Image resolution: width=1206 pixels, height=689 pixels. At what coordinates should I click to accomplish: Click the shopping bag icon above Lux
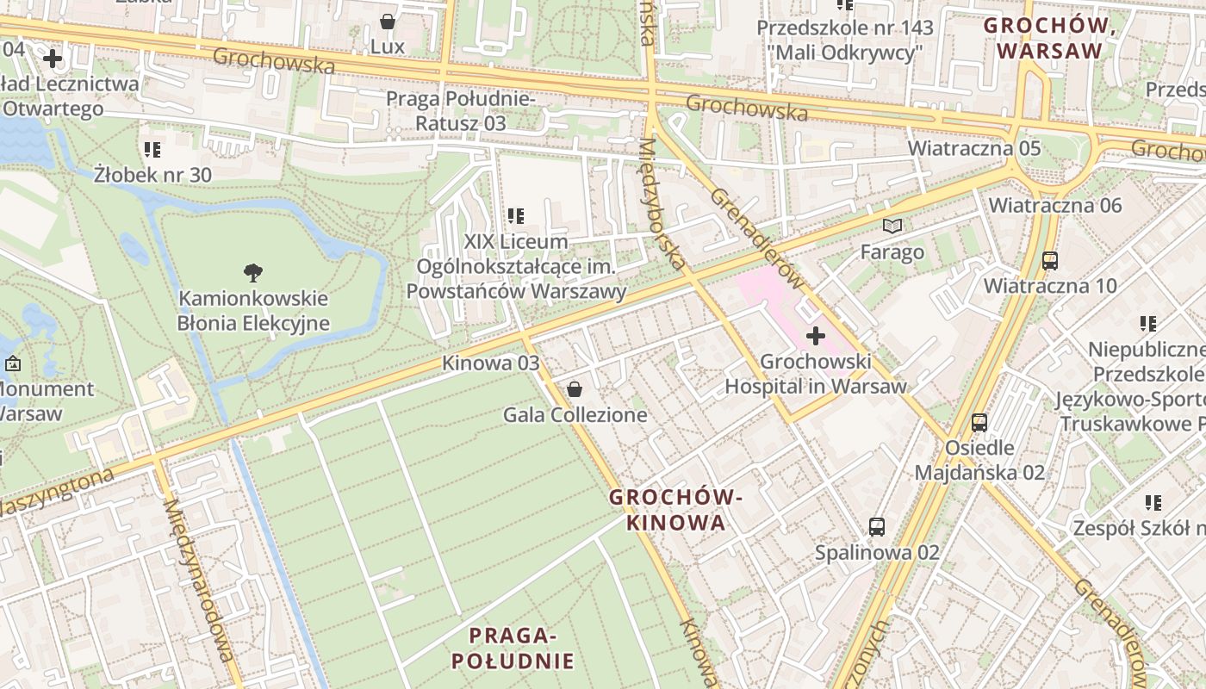click(x=388, y=20)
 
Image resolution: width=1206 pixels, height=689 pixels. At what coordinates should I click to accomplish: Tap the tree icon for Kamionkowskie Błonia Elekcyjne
click(x=252, y=273)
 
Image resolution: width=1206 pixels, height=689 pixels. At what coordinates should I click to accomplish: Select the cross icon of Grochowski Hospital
click(x=815, y=335)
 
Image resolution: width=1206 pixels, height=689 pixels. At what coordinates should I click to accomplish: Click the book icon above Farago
click(x=892, y=227)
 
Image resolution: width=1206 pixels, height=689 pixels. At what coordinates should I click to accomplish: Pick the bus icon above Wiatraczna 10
click(x=1049, y=260)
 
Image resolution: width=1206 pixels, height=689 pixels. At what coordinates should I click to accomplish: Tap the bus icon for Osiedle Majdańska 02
click(x=979, y=422)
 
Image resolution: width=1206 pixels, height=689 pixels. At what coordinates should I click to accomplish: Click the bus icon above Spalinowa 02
click(x=876, y=526)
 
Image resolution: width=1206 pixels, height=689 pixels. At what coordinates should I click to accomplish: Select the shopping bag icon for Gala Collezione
click(x=575, y=389)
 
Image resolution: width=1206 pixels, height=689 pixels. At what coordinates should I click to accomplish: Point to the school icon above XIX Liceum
click(x=516, y=215)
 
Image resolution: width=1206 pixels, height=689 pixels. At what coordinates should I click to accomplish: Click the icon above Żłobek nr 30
click(x=152, y=150)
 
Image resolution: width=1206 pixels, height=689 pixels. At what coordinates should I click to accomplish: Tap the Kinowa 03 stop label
click(x=490, y=363)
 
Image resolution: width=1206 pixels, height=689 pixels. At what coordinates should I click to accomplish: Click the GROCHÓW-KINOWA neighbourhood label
click(x=675, y=510)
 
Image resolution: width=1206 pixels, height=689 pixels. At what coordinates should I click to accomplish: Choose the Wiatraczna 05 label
click(x=973, y=148)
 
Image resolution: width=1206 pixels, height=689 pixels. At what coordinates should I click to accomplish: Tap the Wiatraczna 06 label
click(x=1054, y=205)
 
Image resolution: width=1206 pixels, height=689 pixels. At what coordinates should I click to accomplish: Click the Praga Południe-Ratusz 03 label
click(x=460, y=111)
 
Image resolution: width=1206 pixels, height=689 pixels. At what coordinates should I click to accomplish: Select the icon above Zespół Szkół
click(x=1153, y=502)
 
